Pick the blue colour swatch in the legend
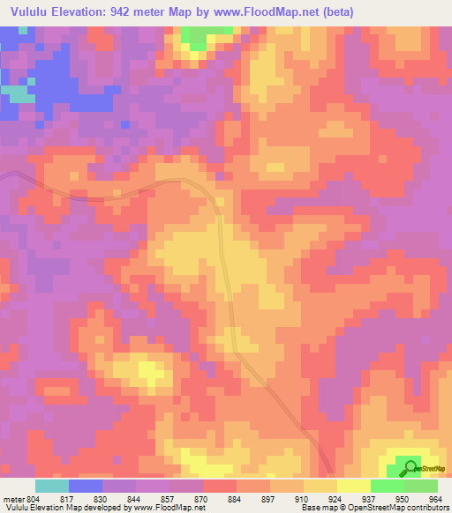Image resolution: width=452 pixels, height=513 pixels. pyautogui.click(x=86, y=487)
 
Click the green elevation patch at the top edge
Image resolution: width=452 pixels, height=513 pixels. pyautogui.click(x=206, y=35)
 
